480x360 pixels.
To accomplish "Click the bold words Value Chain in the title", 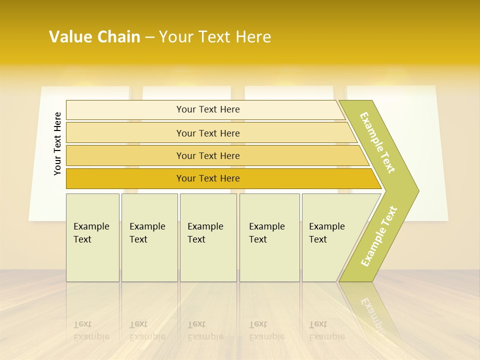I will point(94,37).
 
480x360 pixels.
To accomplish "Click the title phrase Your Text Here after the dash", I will point(215,37).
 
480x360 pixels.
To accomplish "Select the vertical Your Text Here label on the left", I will point(57,143).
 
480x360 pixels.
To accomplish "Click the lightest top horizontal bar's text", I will point(208,109).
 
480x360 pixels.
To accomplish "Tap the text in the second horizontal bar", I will point(208,133).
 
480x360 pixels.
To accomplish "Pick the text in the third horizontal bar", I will point(208,155).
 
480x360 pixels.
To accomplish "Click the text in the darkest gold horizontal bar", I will point(208,178).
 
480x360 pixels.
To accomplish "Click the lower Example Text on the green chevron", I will point(379,236).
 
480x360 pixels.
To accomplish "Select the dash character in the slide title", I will point(149,37).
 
